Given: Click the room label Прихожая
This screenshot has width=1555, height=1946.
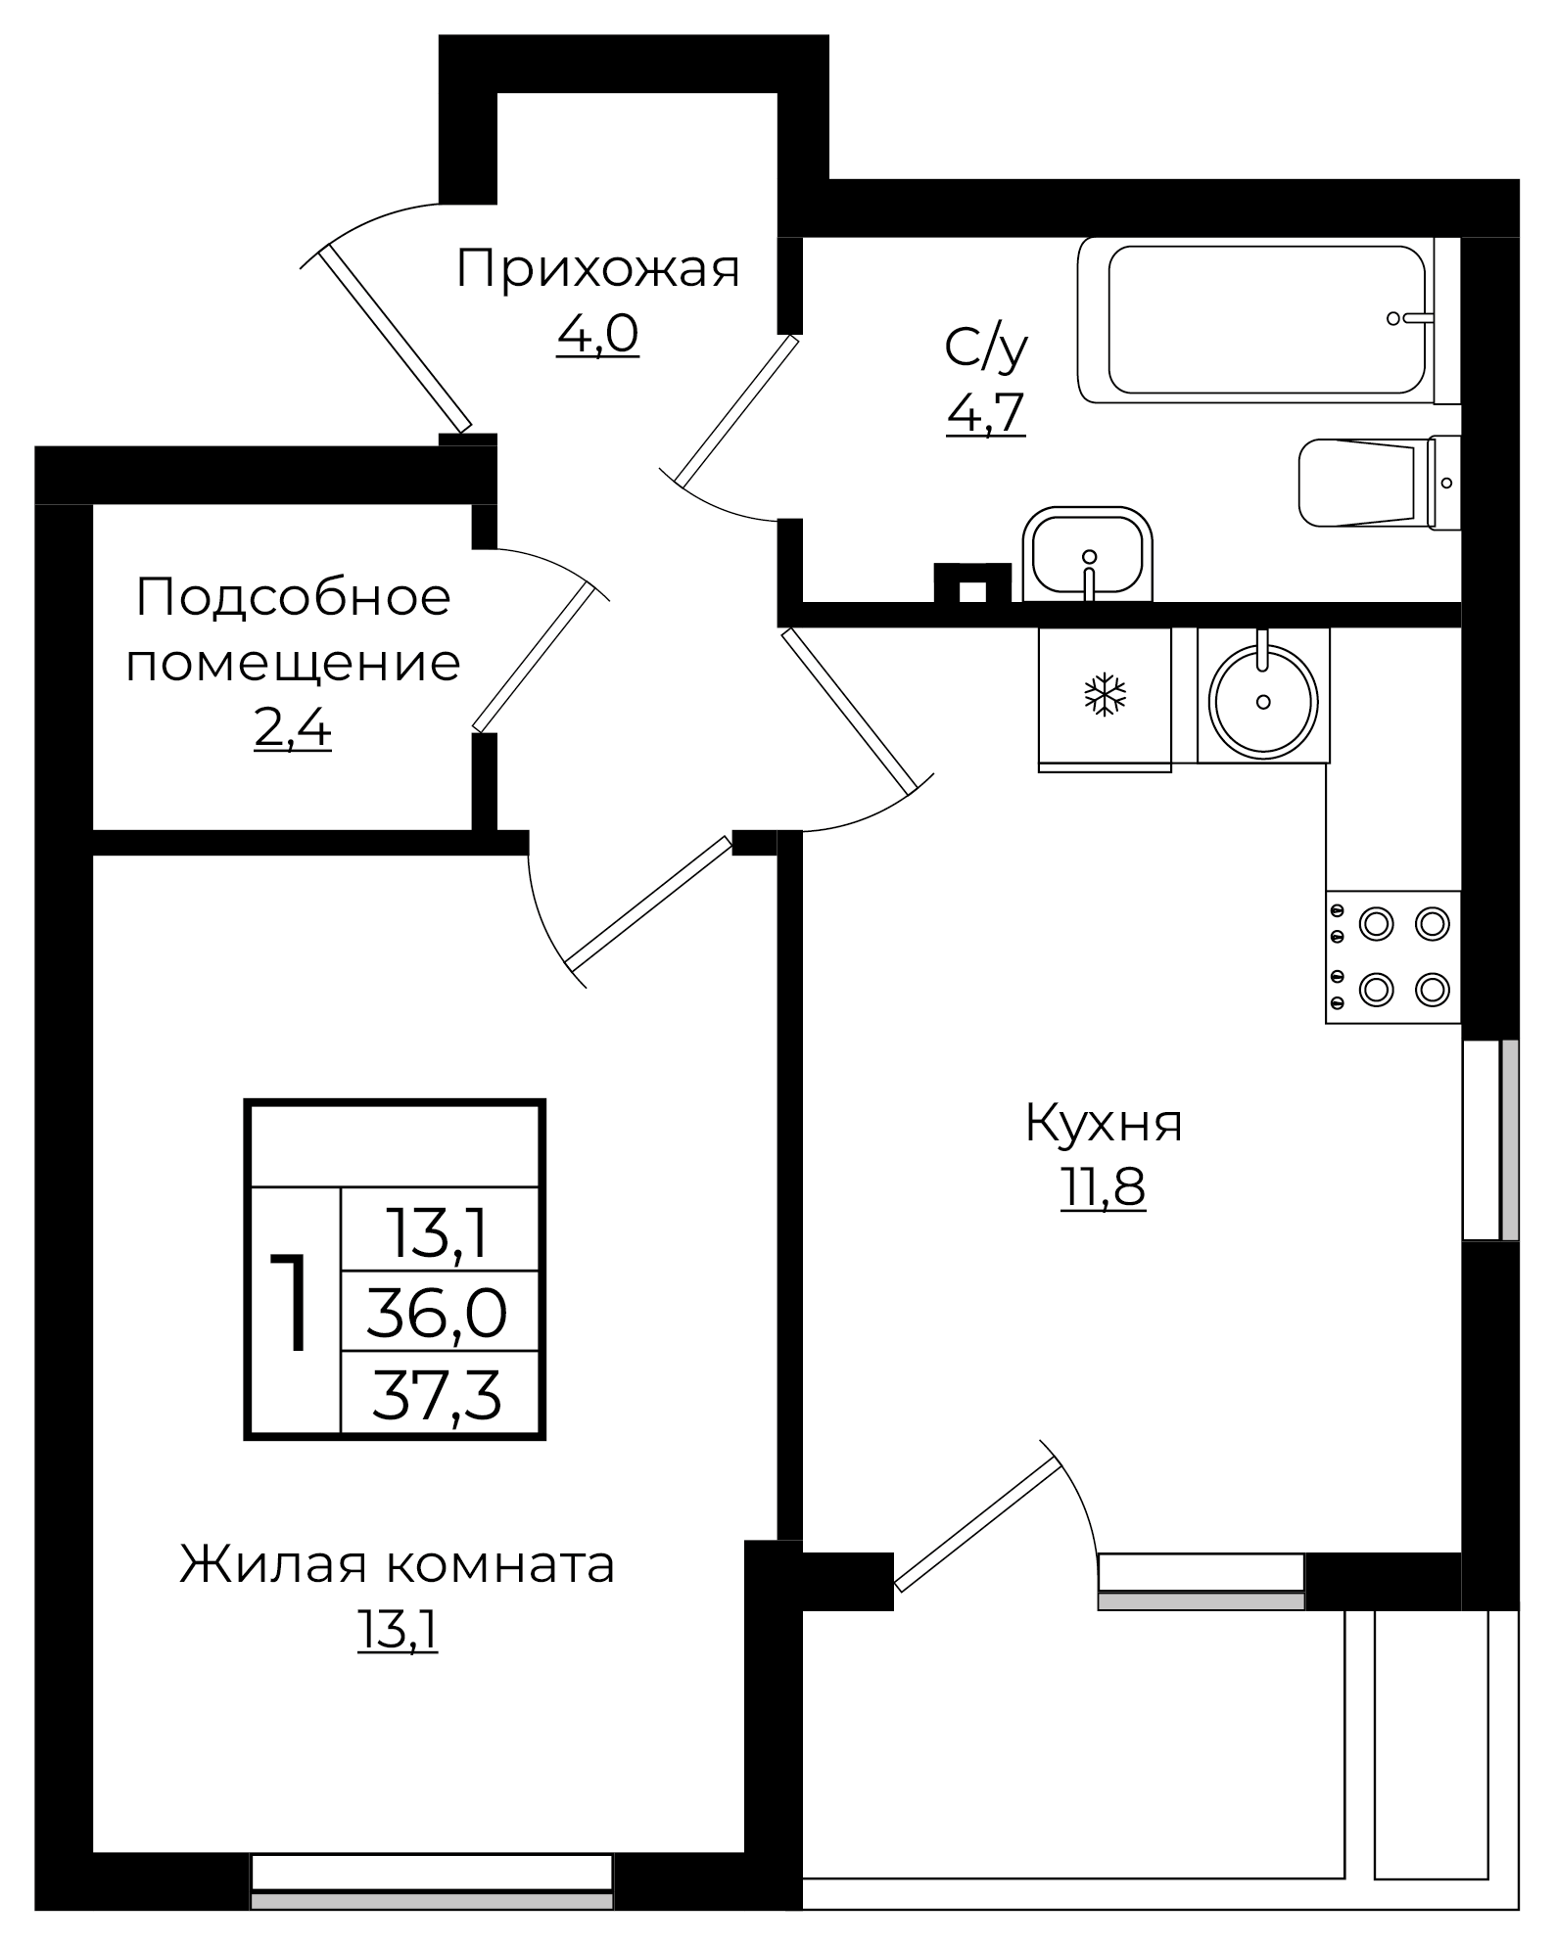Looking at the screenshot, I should [597, 269].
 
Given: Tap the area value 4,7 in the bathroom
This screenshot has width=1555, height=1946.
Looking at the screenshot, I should [985, 413].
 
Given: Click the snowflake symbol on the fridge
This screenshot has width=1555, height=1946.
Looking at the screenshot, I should [1105, 694].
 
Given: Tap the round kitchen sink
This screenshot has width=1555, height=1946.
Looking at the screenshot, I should [1263, 699].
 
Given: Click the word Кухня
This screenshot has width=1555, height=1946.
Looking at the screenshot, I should [1104, 1123].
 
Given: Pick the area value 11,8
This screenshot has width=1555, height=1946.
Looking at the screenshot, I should [1103, 1189].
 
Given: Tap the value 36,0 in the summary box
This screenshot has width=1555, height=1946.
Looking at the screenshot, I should [437, 1313].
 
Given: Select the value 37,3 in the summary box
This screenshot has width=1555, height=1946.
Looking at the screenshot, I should [437, 1395].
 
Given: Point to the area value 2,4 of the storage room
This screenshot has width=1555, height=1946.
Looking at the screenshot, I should [292, 728].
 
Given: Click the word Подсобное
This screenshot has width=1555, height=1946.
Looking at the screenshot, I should [294, 597].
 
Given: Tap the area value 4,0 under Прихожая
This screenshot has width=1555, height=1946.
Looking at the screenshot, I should [597, 335].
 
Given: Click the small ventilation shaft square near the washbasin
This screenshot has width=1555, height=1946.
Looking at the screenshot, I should [971, 590].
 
